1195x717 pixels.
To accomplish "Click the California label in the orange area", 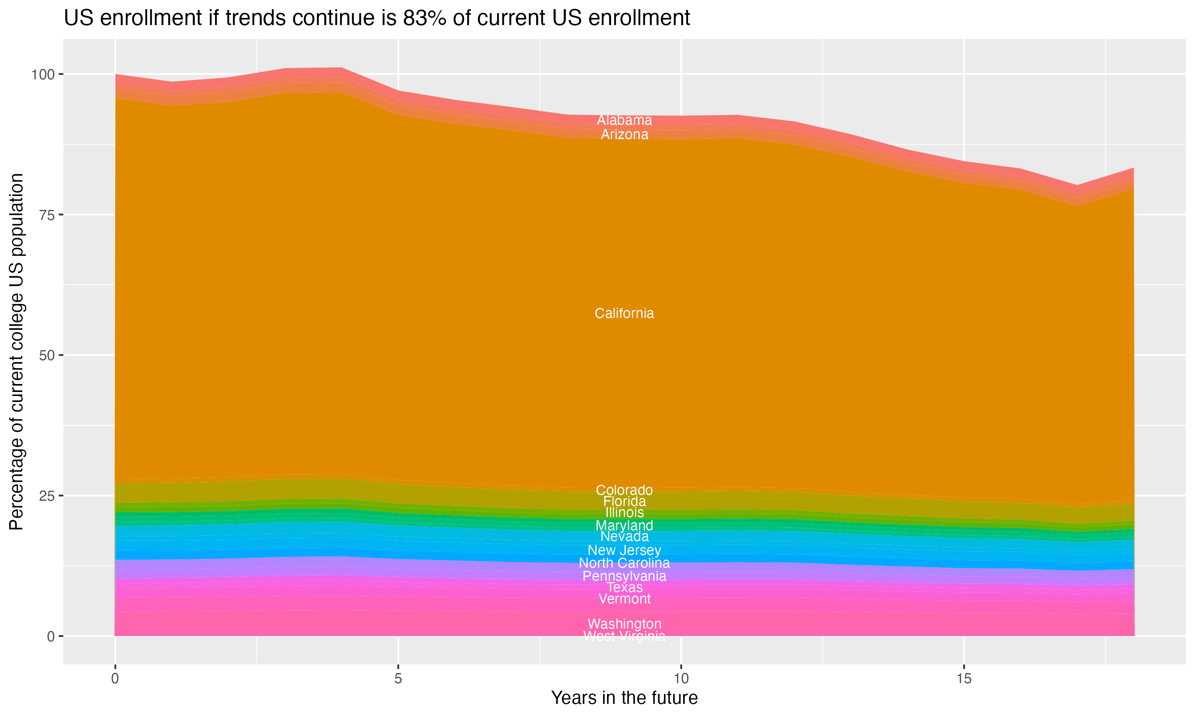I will pyautogui.click(x=624, y=313).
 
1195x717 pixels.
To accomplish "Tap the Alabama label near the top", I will pyautogui.click(x=624, y=120).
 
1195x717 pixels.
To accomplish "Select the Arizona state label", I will pyautogui.click(x=624, y=134).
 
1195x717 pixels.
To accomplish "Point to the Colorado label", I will pyautogui.click(x=624, y=490).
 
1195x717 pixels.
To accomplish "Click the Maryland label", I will pyautogui.click(x=624, y=525).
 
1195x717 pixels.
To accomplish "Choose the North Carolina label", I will pyautogui.click(x=624, y=563).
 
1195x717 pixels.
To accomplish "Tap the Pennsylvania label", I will pyautogui.click(x=624, y=576).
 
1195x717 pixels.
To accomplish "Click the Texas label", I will pyautogui.click(x=624, y=588).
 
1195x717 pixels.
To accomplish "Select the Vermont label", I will pyautogui.click(x=624, y=599).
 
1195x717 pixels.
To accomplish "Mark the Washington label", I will pyautogui.click(x=624, y=624).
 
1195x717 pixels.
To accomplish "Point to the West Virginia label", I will pyautogui.click(x=624, y=636).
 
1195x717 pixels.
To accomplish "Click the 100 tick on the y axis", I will pyautogui.click(x=43, y=74).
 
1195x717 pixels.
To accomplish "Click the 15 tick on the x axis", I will pyautogui.click(x=964, y=679).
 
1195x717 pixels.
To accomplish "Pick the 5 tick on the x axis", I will pyautogui.click(x=398, y=679).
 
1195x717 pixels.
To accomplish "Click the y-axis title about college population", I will pyautogui.click(x=16, y=351).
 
